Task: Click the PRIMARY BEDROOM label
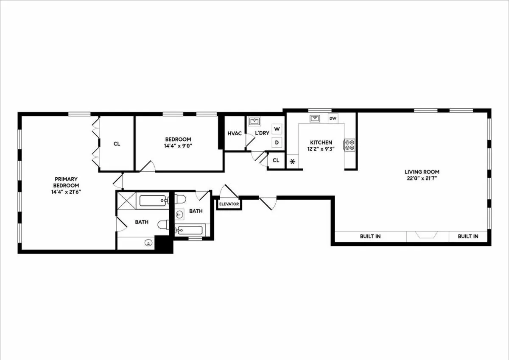tap(65, 182)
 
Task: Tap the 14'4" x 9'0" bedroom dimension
tap(178, 146)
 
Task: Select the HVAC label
tap(235, 133)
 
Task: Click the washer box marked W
tap(277, 129)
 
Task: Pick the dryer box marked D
tap(277, 142)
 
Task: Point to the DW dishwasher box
tap(333, 118)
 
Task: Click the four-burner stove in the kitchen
tap(350, 145)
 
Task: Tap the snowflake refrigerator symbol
tap(292, 162)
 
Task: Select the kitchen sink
tap(314, 118)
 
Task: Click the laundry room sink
tap(255, 122)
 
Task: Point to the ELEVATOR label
tap(229, 204)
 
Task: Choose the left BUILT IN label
tap(370, 236)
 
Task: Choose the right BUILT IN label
tap(468, 236)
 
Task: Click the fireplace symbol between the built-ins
tap(428, 235)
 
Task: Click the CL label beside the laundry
tap(276, 160)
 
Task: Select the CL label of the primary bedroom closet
tap(117, 144)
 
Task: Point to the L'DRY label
tap(262, 133)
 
